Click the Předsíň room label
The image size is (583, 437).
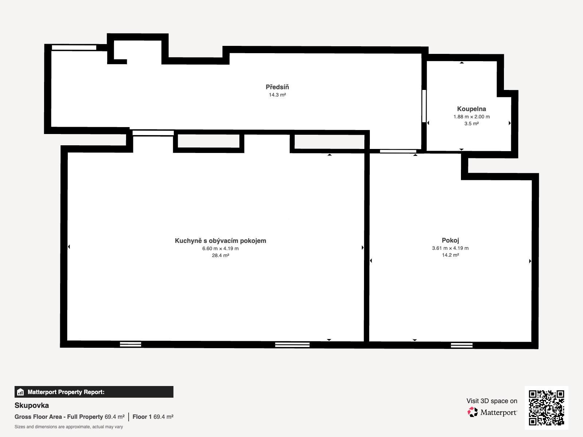point(277,87)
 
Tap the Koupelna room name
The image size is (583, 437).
point(472,109)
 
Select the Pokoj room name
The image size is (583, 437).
point(450,240)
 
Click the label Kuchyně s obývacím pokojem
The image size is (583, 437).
point(220,241)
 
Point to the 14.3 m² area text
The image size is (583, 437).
point(277,95)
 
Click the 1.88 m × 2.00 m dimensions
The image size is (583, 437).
point(472,117)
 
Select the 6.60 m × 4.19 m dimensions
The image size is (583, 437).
point(220,249)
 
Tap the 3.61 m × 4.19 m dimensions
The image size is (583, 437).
point(450,248)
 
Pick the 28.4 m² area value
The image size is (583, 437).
point(220,256)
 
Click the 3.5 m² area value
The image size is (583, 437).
point(472,124)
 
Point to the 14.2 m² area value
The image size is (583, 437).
point(450,255)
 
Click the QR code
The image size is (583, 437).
point(546,408)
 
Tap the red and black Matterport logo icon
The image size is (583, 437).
point(473,412)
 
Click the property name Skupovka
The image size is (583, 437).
point(32,405)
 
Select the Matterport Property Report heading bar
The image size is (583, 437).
point(94,392)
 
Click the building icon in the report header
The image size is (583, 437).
point(20,392)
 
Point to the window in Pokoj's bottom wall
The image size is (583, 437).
point(462,345)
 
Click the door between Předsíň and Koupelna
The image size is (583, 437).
point(424,106)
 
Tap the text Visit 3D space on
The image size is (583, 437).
point(492,401)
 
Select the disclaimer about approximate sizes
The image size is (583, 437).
point(69,427)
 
